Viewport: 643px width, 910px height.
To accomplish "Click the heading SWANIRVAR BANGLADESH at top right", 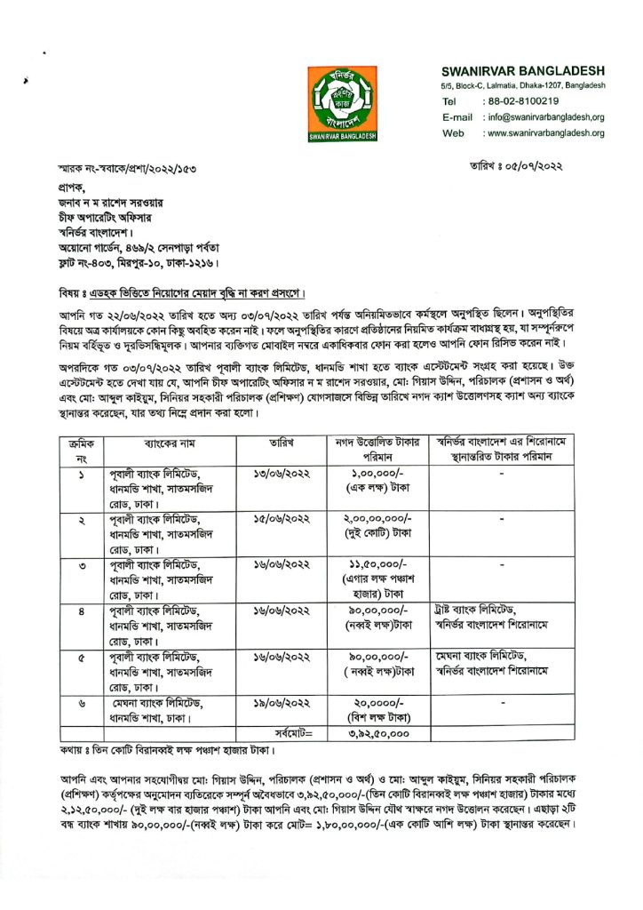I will [523, 70].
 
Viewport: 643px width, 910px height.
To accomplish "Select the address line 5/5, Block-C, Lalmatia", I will [523, 85].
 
